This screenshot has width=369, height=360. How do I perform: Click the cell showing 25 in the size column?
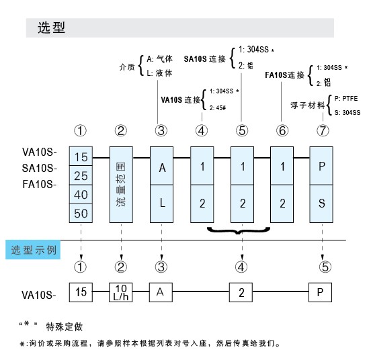[82, 175]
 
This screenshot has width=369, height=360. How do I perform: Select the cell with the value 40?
[82, 195]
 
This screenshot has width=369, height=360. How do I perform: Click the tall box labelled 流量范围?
[122, 183]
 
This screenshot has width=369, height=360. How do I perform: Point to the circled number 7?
[323, 130]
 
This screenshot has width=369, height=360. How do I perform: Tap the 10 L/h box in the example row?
[122, 292]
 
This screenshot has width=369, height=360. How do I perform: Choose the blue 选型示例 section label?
[35, 250]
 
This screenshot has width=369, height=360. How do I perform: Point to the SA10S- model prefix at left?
[40, 167]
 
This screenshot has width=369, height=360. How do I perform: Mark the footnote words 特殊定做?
[65, 327]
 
